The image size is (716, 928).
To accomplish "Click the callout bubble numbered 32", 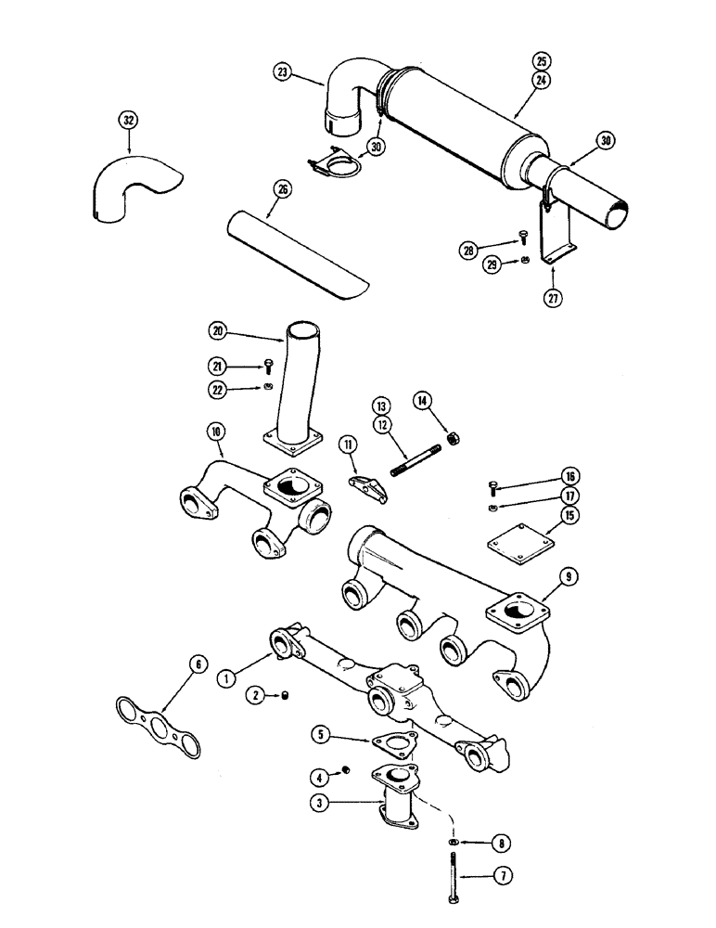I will click(x=128, y=120).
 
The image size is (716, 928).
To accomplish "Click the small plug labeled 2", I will click(x=286, y=695).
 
